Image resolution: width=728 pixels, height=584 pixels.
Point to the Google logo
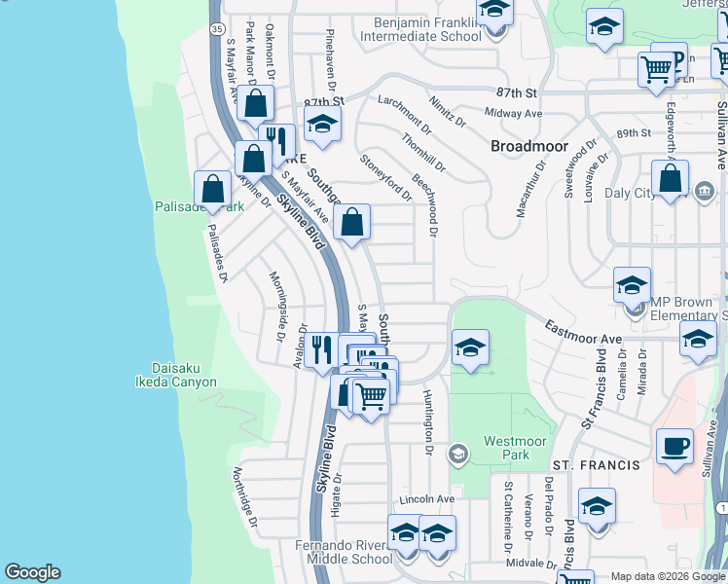[x=32, y=572]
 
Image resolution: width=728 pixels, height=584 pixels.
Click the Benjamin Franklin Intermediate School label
[x=420, y=29]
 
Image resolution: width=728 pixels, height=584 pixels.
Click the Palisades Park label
[x=198, y=207]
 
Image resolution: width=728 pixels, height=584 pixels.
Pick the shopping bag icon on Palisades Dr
[x=212, y=189]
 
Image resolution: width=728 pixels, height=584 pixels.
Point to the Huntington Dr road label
[x=428, y=422]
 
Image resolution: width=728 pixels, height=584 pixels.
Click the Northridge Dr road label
[x=243, y=497]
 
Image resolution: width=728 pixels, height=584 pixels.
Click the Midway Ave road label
[x=513, y=114]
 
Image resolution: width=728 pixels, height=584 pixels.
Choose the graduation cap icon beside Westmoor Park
[x=469, y=347]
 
